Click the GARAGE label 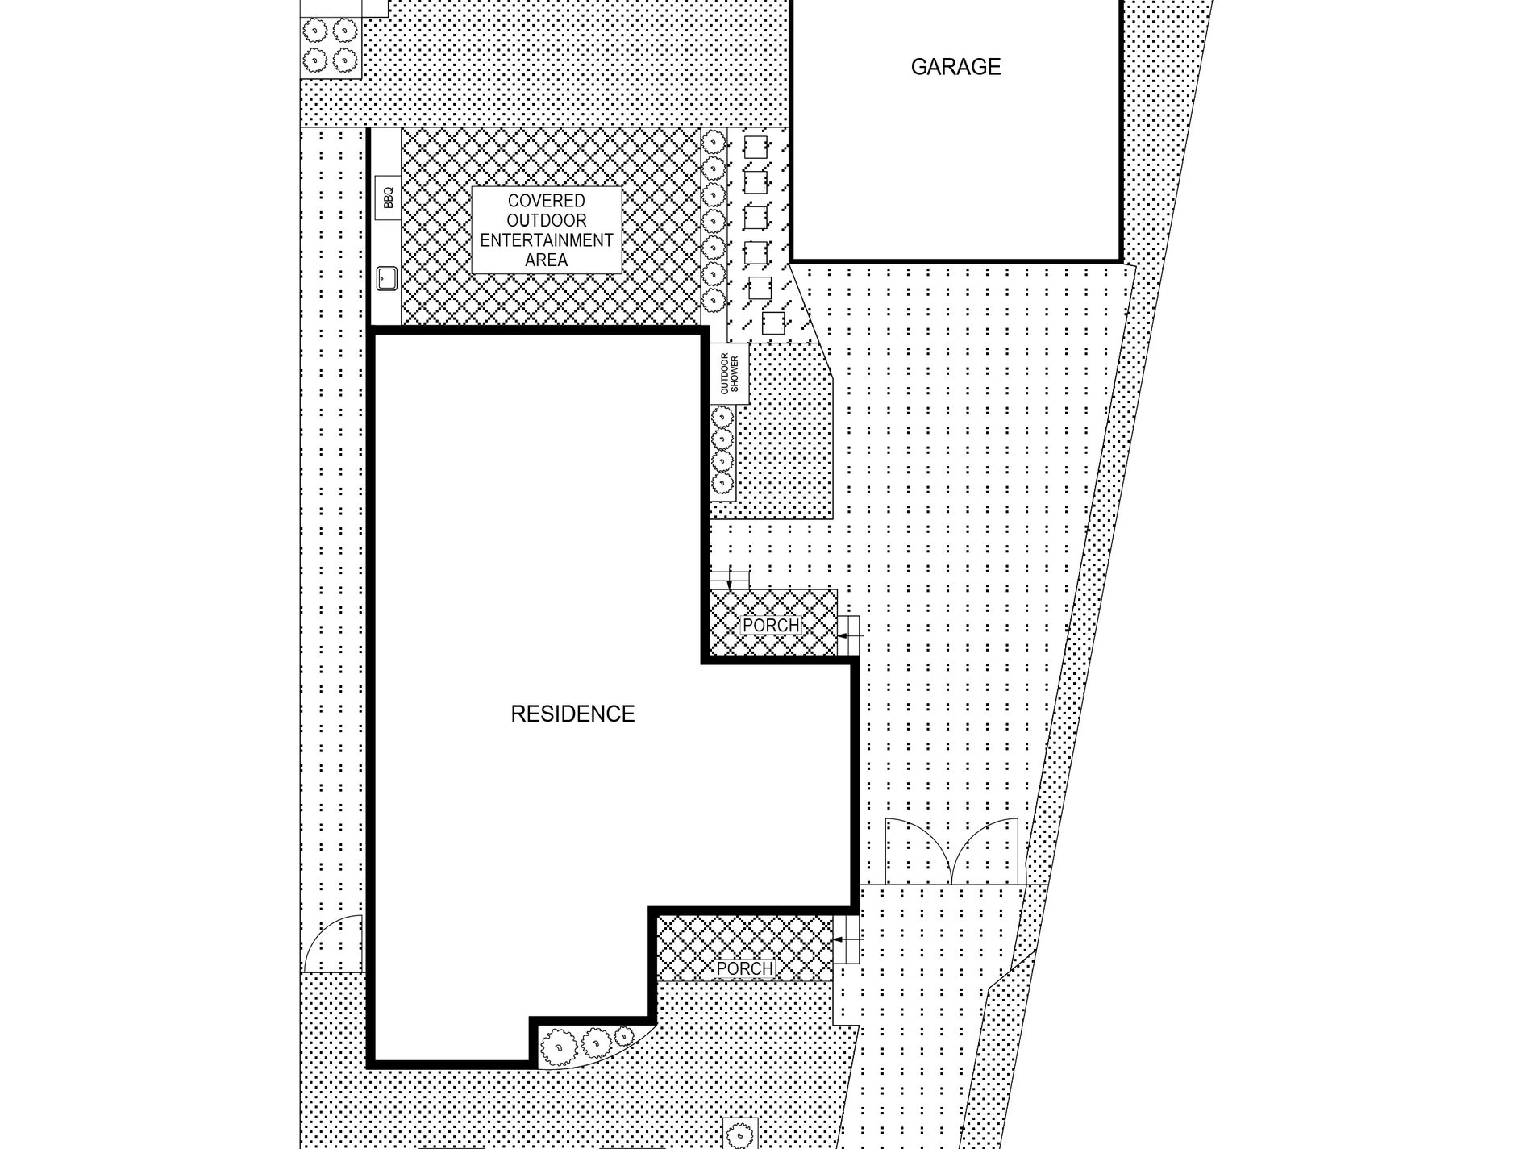click(x=955, y=67)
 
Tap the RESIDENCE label click(x=572, y=714)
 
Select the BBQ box click(x=388, y=197)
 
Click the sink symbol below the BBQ click(x=386, y=279)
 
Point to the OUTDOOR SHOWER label click(x=729, y=373)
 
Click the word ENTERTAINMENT click(x=547, y=240)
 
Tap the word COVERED click(x=547, y=201)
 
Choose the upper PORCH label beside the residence click(x=771, y=625)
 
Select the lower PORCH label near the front click(x=744, y=968)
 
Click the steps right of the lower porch click(x=846, y=940)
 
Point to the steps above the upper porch click(x=730, y=579)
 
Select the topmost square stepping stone click(x=756, y=148)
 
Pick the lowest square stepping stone click(x=773, y=323)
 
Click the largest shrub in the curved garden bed click(x=556, y=1047)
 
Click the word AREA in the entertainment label click(x=547, y=260)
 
